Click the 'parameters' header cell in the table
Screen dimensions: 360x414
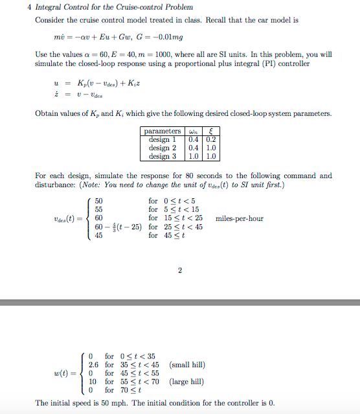[x=163, y=131]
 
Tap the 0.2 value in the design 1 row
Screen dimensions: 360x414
[x=210, y=139]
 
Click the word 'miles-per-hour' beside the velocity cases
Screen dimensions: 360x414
[x=239, y=218]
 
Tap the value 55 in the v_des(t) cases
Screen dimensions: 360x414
[x=99, y=209]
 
